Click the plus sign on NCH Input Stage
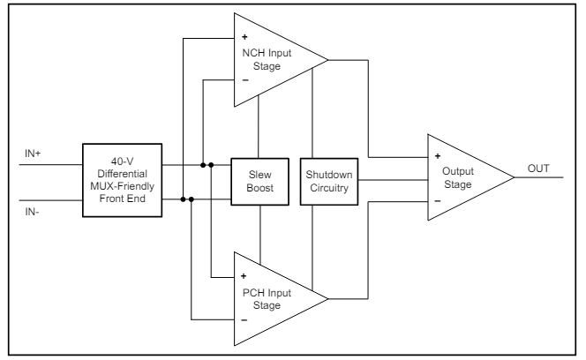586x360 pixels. click(x=244, y=39)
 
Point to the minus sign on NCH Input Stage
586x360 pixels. click(x=244, y=80)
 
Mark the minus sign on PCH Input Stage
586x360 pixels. click(x=244, y=317)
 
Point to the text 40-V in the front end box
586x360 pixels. click(x=124, y=161)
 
